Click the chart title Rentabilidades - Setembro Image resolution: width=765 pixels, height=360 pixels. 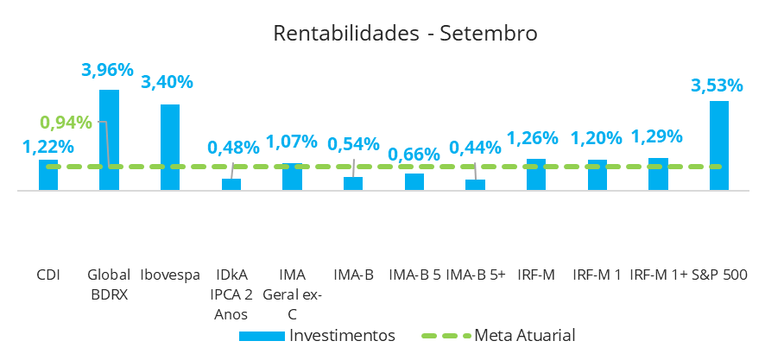point(405,34)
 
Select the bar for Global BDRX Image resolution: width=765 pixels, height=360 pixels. point(109,138)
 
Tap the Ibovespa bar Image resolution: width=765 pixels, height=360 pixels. point(170,145)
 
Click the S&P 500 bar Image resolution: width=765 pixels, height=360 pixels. point(719,144)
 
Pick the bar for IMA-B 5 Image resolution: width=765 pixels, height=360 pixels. point(414,181)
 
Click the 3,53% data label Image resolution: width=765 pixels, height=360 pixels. point(717,85)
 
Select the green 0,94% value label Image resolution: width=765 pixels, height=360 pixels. point(66,122)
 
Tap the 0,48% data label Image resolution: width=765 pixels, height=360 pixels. point(233,148)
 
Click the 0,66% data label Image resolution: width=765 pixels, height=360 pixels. point(414,155)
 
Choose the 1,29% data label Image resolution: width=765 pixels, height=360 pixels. point(657,136)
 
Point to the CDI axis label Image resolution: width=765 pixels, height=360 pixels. point(47,275)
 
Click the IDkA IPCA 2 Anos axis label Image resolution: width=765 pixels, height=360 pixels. point(231,294)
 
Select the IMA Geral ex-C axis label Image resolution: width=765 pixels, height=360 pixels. point(293,294)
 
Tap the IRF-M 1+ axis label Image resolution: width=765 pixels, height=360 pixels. point(658,275)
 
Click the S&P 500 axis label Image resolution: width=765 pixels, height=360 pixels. point(719,275)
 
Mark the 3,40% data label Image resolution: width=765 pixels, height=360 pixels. point(167,83)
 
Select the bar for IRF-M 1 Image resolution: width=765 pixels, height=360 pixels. point(597,174)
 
